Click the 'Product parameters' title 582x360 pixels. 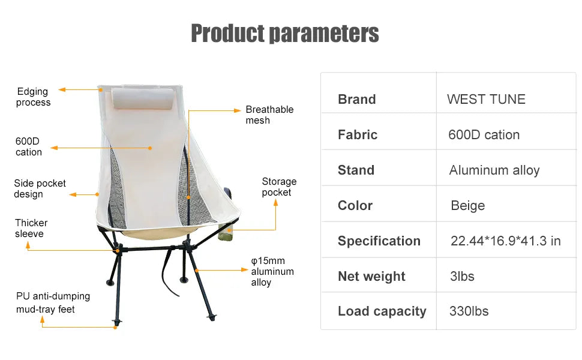click(284, 33)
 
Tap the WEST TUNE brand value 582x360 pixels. click(486, 100)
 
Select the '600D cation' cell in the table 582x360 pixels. click(484, 135)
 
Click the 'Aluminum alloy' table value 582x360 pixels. click(494, 170)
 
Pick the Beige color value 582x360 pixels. click(467, 206)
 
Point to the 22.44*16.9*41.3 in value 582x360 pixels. click(505, 241)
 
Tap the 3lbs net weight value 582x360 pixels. click(461, 277)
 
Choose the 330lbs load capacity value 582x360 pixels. click(469, 311)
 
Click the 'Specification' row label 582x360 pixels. click(379, 241)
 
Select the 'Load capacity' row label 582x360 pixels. click(382, 311)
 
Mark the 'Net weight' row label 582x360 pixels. click(371, 277)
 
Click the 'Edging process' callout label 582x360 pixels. click(33, 97)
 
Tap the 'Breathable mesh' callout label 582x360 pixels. click(269, 115)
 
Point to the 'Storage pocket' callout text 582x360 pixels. click(279, 187)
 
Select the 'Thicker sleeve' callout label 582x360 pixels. click(31, 228)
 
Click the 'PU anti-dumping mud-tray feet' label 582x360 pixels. click(53, 303)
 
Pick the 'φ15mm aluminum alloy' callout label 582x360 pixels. click(272, 272)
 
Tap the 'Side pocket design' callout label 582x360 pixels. click(40, 189)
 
